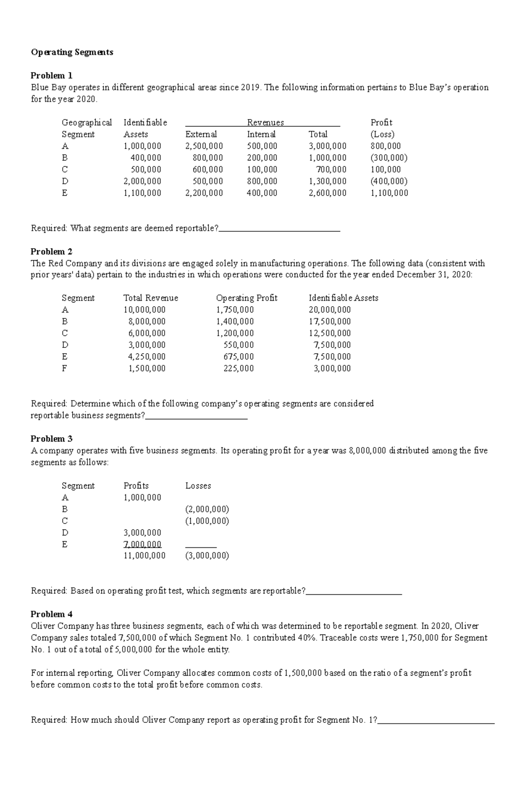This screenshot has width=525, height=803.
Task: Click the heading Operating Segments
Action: [x=72, y=52]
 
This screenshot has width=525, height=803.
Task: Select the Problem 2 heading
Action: [x=51, y=252]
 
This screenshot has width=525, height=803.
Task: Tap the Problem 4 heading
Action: [x=51, y=614]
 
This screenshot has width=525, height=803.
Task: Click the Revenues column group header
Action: [x=265, y=123]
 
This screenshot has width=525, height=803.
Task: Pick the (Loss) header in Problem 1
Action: [x=382, y=134]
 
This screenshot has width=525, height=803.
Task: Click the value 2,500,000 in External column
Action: [x=204, y=146]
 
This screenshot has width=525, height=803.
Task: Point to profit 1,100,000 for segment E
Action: [x=389, y=193]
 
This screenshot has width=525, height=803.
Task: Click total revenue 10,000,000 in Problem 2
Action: [x=144, y=310]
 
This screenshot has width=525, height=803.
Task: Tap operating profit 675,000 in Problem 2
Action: [x=238, y=357]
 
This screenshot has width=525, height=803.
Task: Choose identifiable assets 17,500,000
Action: [x=329, y=322]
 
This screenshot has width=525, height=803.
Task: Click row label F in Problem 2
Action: [x=64, y=368]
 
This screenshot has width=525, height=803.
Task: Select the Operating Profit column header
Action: [x=246, y=298]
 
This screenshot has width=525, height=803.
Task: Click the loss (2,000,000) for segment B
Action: [x=207, y=509]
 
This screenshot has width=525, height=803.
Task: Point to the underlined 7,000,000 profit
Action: [x=143, y=544]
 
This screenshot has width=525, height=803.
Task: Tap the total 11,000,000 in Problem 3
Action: [x=144, y=556]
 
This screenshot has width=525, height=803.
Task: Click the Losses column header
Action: [x=198, y=486]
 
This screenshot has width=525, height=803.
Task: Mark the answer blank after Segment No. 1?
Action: [x=436, y=720]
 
